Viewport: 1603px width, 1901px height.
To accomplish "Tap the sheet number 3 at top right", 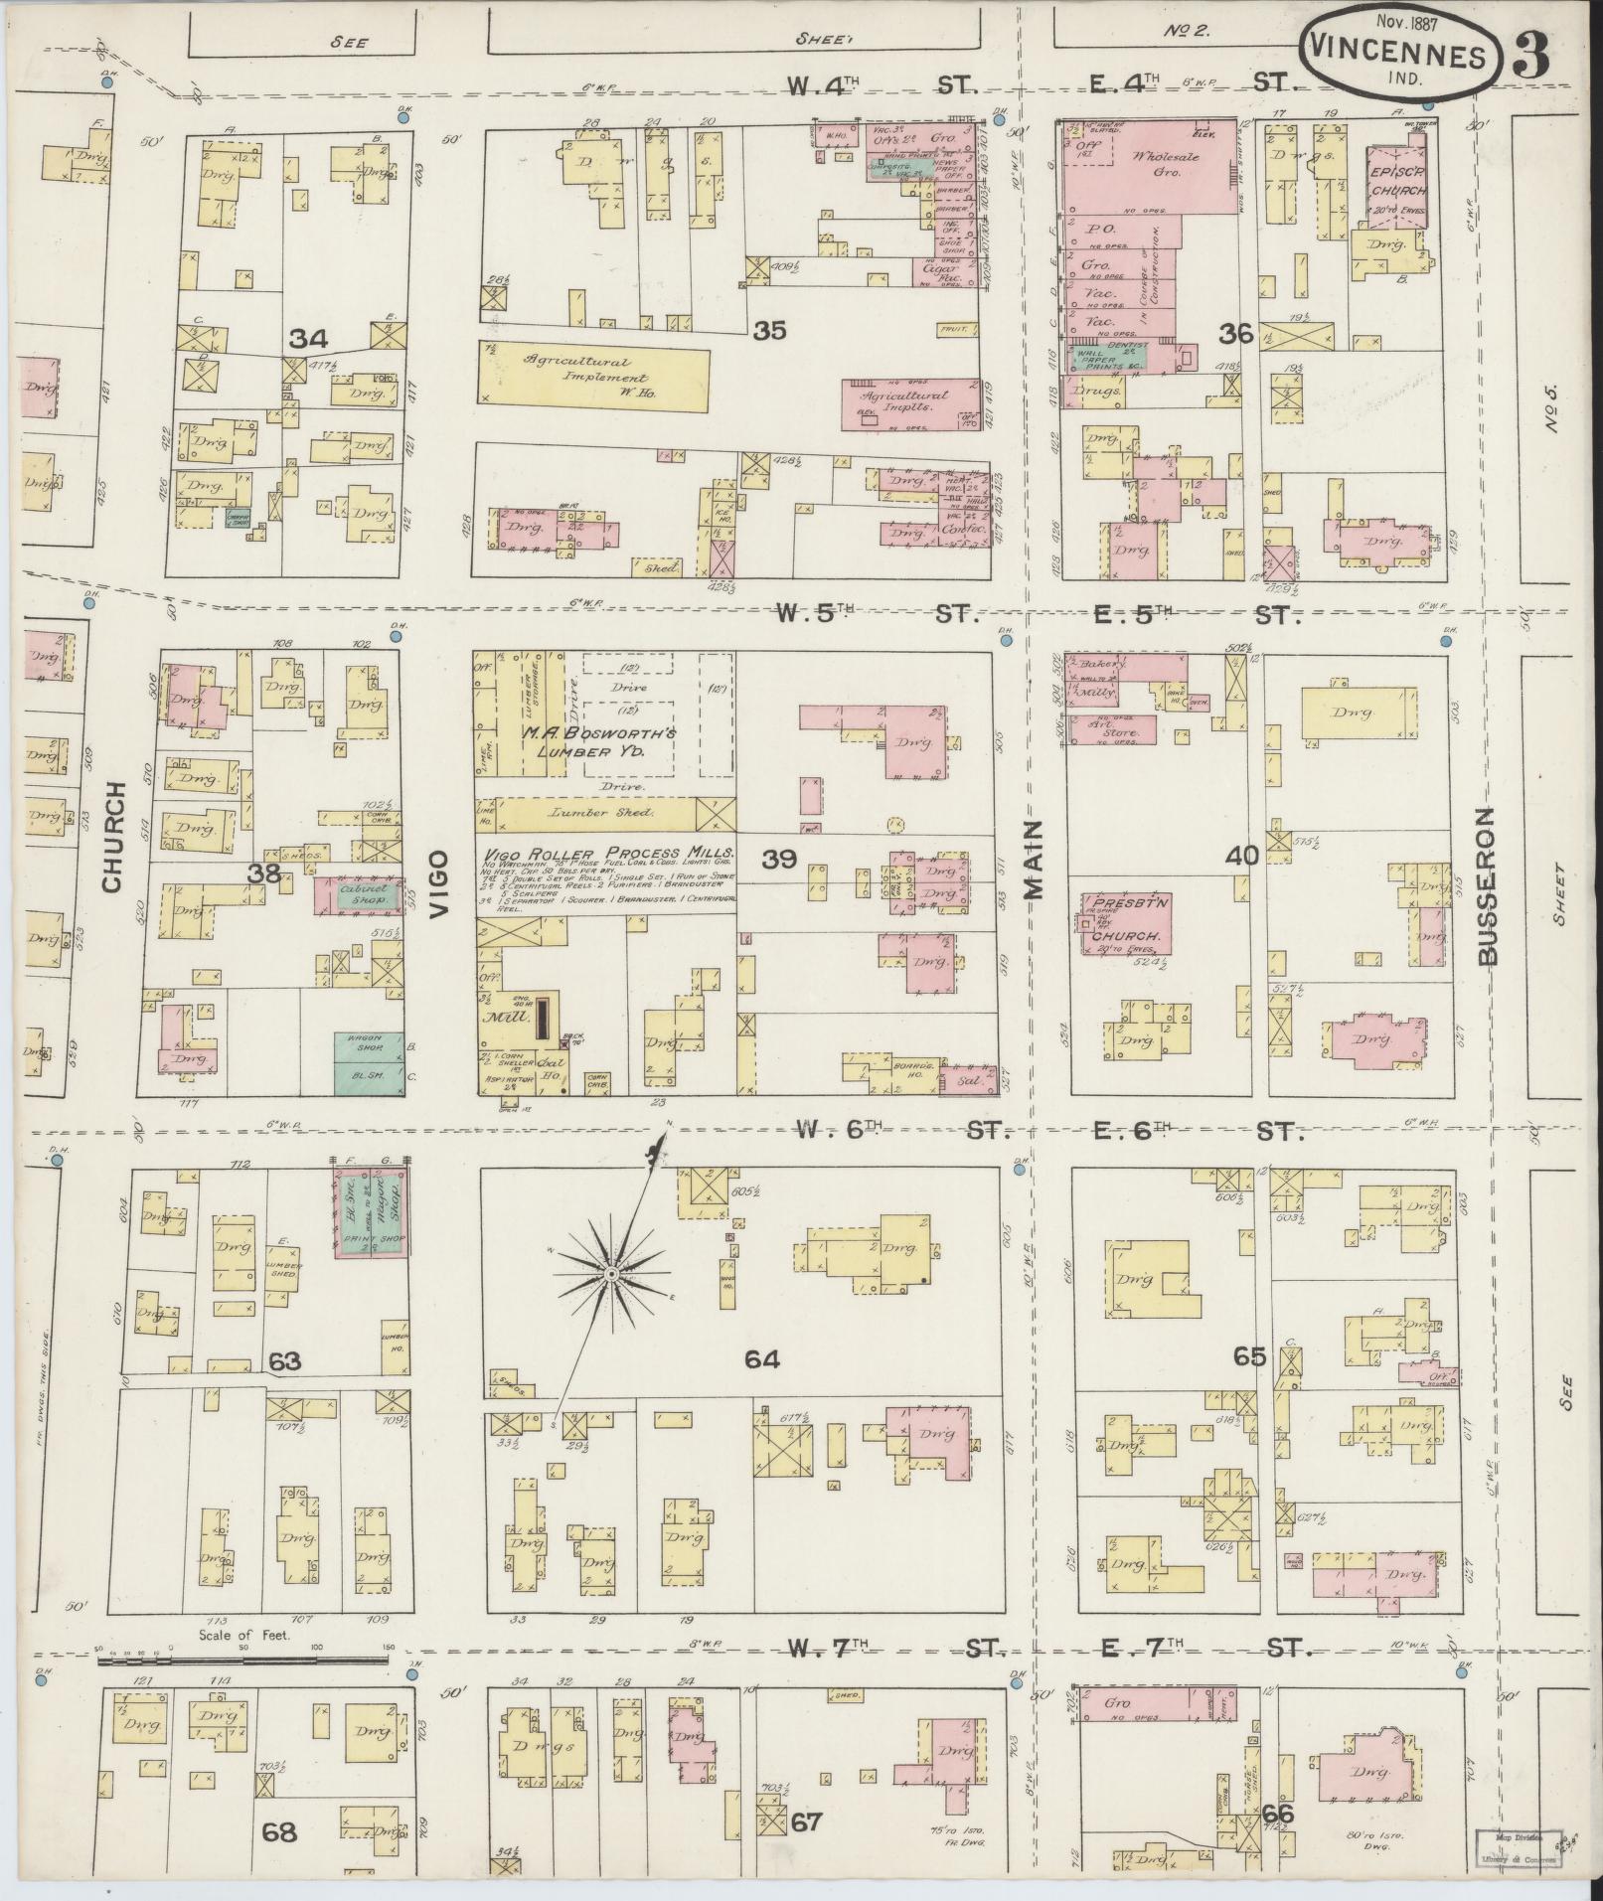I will (x=1532, y=57).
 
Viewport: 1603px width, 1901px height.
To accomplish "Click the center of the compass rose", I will (x=612, y=1273).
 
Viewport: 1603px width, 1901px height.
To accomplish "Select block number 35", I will (x=769, y=330).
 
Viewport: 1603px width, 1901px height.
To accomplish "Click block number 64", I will (x=761, y=1358).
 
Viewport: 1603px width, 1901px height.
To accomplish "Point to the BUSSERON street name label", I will (x=1487, y=886).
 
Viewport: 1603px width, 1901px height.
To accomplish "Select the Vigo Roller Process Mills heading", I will (x=608, y=854).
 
